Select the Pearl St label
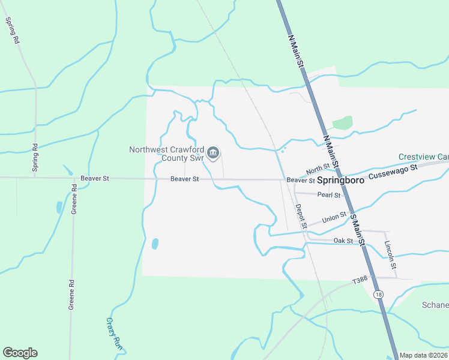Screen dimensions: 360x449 (329, 195)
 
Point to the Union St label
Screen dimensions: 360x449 (334, 217)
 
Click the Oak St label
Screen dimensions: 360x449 (342, 241)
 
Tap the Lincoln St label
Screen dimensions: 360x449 (390, 254)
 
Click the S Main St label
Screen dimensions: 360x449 (358, 229)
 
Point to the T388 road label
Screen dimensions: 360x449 (360, 280)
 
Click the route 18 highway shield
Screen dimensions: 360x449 (377, 294)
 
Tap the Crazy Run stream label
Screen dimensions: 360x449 (114, 334)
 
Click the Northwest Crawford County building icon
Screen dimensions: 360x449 (212, 154)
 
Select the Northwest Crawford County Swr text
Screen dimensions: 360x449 (166, 154)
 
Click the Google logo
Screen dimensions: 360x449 (20, 353)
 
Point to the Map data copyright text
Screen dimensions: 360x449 (424, 355)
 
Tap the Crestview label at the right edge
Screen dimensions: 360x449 (424, 157)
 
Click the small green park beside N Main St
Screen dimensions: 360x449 (342, 123)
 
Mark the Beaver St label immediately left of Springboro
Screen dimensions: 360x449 (300, 180)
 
